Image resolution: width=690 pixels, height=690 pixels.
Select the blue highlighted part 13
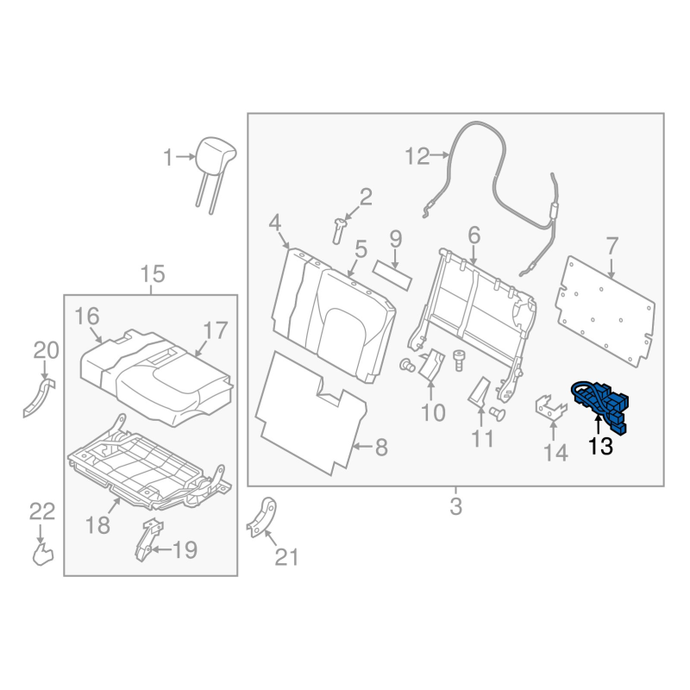[x=601, y=404]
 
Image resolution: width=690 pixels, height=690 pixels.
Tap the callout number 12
[x=417, y=156]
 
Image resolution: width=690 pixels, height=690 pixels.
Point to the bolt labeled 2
[x=340, y=229]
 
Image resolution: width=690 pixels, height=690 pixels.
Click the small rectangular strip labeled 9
[x=392, y=273]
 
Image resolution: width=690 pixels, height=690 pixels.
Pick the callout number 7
[x=612, y=244]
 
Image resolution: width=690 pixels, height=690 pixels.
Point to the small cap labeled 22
[x=41, y=552]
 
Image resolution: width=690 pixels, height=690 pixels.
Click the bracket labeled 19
[x=148, y=541]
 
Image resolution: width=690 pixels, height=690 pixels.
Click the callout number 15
[x=152, y=275]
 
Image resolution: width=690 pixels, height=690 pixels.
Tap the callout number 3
[x=455, y=506]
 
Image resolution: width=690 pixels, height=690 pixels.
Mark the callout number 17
[x=215, y=329]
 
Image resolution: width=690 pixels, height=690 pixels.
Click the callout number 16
[x=87, y=316]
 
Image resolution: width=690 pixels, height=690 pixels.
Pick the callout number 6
[x=474, y=234]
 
